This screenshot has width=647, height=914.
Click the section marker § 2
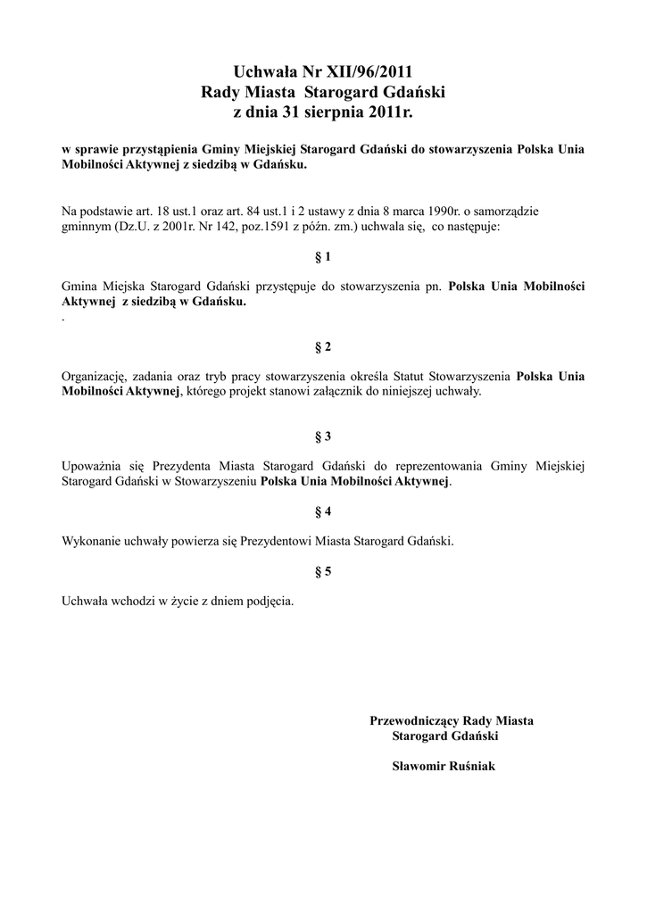pos(323,346)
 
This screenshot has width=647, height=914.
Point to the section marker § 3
pos(323,436)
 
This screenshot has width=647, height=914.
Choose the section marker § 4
pos(323,511)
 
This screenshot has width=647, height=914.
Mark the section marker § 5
pos(323,571)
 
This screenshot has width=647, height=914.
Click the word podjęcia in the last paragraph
pos(268,602)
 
